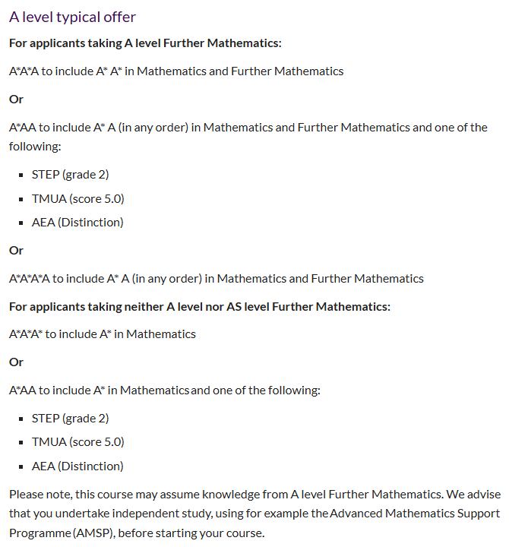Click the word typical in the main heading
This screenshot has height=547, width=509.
tap(84, 17)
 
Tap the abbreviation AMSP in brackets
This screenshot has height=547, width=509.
tap(96, 533)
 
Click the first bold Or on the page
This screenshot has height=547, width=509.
tap(16, 99)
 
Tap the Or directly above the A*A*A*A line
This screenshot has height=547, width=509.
tap(16, 250)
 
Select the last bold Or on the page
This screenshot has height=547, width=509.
tap(16, 362)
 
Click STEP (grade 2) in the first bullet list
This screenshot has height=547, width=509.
tap(70, 175)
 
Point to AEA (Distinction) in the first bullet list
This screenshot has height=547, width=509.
tap(77, 222)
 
